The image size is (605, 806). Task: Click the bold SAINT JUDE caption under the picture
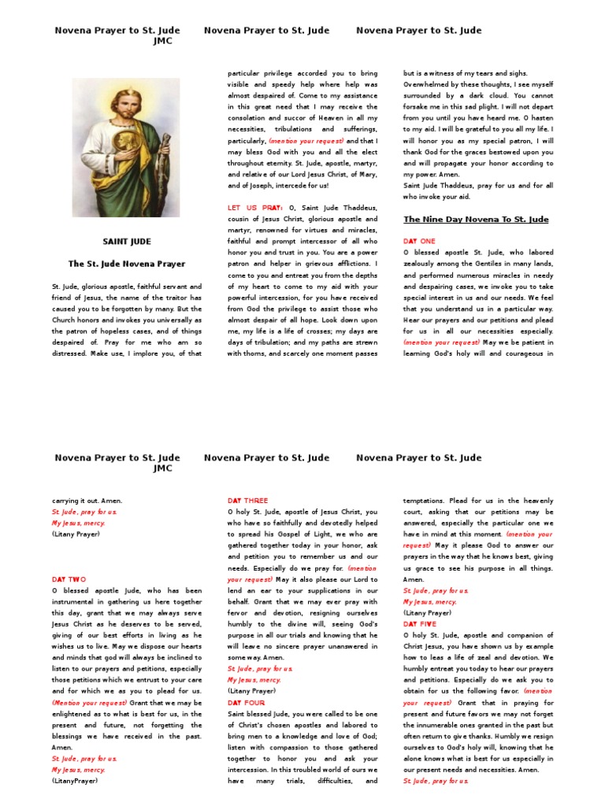coord(127,242)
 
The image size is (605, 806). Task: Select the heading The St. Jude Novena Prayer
coord(127,264)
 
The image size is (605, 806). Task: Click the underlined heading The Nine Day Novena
coord(476,220)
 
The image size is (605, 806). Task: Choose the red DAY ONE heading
coord(418,242)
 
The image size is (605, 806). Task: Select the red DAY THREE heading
coord(247,501)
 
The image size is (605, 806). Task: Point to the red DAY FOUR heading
coord(246,703)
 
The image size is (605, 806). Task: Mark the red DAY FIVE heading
coord(419,624)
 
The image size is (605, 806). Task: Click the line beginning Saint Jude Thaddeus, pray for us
coord(478,185)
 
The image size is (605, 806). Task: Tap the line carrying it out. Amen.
coord(87,501)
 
